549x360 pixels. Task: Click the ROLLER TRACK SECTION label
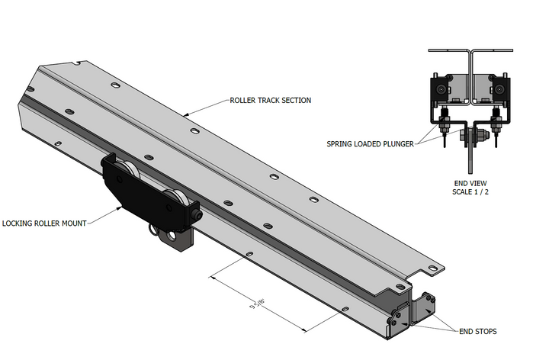click(270, 100)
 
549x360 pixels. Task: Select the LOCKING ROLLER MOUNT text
click(43, 223)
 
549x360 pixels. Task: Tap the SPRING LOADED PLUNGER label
click(369, 143)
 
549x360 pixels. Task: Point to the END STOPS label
click(477, 332)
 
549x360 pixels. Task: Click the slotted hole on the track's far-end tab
click(432, 268)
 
